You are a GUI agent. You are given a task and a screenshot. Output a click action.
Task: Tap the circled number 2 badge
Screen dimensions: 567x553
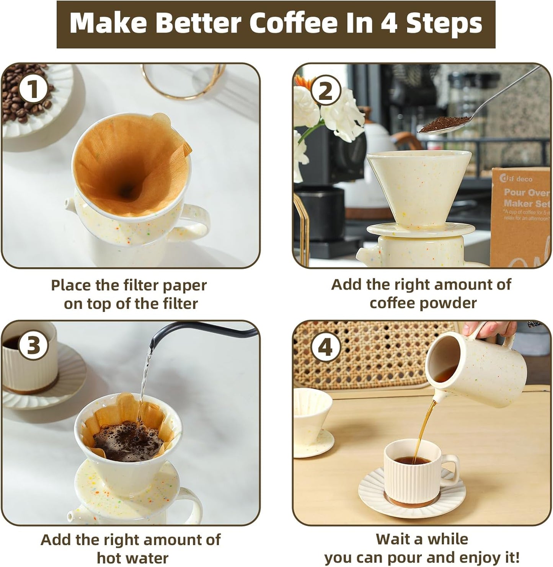click(x=325, y=92)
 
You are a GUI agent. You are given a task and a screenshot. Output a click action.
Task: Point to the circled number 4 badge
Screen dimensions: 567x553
click(x=325, y=348)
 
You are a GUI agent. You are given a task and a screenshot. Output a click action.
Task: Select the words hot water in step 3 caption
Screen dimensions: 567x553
click(x=132, y=557)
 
